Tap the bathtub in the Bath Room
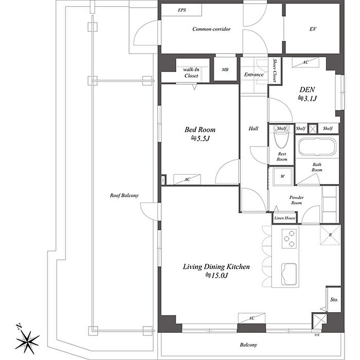tap(317, 147)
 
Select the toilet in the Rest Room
tap(281, 137)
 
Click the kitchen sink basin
tap(289, 274)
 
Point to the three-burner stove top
tap(289, 239)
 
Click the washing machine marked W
tap(282, 176)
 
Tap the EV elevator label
tap(313, 29)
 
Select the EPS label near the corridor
tap(182, 10)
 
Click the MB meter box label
tap(225, 69)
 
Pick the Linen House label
tap(285, 218)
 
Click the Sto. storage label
tap(334, 300)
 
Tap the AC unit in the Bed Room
tap(187, 179)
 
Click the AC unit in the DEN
tap(305, 62)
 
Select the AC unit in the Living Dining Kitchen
tap(251, 318)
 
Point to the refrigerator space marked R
tap(330, 235)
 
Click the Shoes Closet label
tap(275, 70)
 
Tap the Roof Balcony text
tap(124, 195)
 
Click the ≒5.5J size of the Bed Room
tap(200, 138)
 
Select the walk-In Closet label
tap(191, 73)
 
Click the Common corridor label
tap(211, 29)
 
